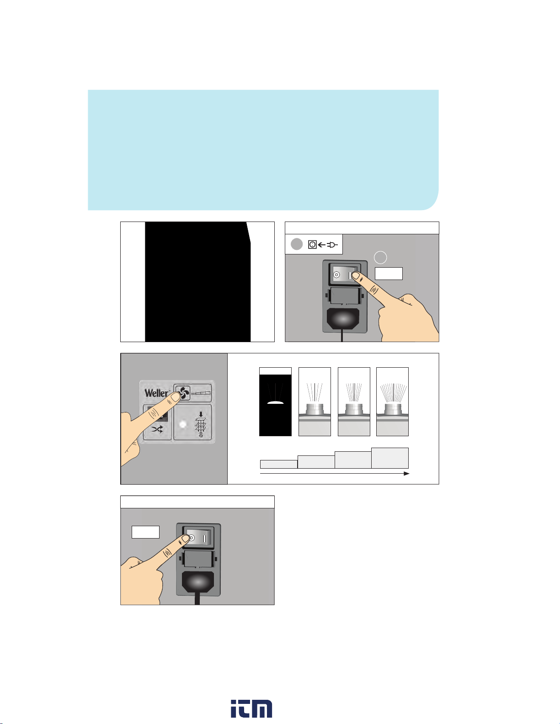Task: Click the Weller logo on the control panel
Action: coord(156,393)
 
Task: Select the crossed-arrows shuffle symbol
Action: coord(157,429)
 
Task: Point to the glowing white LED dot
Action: coord(183,424)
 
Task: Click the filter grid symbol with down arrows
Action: coord(200,424)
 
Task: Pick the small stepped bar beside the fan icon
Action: coord(201,393)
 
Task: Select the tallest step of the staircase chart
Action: coord(389,458)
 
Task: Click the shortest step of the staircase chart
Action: coord(279,464)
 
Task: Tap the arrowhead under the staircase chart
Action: coord(406,473)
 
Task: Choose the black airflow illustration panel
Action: coord(275,402)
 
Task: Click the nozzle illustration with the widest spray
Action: coord(392,402)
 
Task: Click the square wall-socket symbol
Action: coord(312,244)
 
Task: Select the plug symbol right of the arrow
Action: coord(332,245)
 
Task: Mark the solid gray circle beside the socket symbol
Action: coord(297,244)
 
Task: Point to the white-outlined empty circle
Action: coord(380,258)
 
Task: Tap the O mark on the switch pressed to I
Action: coord(336,275)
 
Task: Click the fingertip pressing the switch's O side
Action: coord(186,538)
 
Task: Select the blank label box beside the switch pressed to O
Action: coord(146,532)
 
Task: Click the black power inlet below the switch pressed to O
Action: coord(198,583)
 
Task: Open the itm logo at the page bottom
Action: coord(252,708)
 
